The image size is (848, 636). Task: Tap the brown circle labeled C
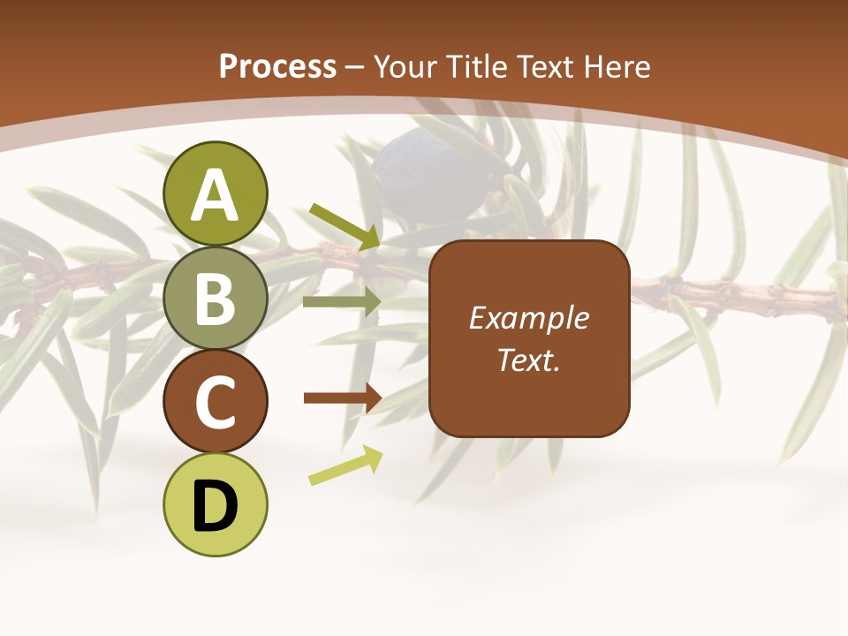(x=216, y=403)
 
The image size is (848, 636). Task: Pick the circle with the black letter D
(x=216, y=505)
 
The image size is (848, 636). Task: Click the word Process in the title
(x=277, y=66)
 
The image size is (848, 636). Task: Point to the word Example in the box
(x=529, y=318)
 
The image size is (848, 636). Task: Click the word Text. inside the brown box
(x=529, y=360)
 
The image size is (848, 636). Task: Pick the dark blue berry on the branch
(x=412, y=160)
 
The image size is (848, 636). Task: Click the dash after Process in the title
(x=354, y=67)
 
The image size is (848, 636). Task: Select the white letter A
(x=216, y=196)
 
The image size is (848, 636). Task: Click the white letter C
(x=216, y=403)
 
